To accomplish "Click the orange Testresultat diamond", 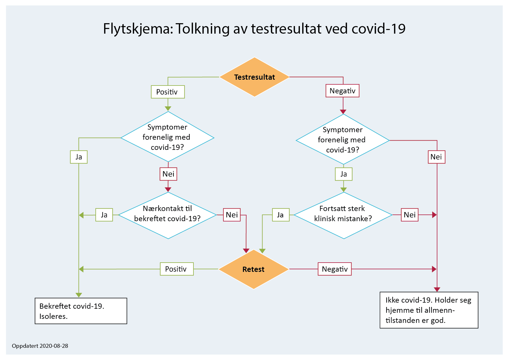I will click(x=254, y=77).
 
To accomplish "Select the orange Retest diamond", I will click(x=253, y=269).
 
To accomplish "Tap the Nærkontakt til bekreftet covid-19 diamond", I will click(x=168, y=215).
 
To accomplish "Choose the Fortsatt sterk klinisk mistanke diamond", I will click(x=343, y=215).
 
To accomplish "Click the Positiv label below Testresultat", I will click(x=168, y=92).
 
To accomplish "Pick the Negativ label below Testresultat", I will click(x=343, y=91).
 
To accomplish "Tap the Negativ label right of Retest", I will click(x=335, y=269).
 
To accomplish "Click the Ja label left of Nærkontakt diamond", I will click(x=104, y=215).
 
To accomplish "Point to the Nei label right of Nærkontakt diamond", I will click(x=232, y=215).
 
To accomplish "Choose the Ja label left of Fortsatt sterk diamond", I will click(x=280, y=215).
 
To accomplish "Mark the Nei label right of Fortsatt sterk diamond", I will click(x=410, y=215).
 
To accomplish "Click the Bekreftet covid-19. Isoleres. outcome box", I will click(x=81, y=311).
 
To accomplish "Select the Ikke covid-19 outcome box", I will click(x=429, y=310).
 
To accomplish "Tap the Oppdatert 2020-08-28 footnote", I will click(x=40, y=346).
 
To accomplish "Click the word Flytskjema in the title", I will click(x=137, y=29).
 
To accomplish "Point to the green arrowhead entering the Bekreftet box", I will click(x=79, y=295).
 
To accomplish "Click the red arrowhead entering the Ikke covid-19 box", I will click(x=437, y=289).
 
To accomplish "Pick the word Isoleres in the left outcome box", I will click(x=53, y=316).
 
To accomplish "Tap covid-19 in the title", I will click(x=378, y=29).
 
